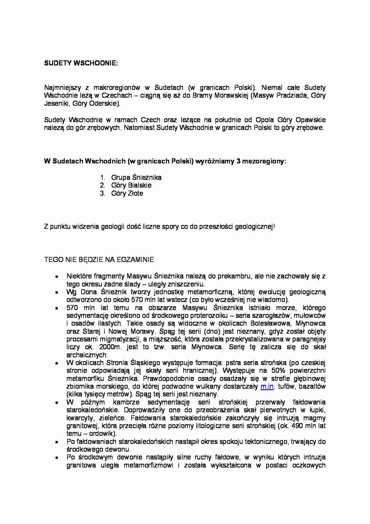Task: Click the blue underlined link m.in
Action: coord(267,386)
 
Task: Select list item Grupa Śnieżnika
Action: coord(136,177)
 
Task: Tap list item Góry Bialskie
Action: coord(131,185)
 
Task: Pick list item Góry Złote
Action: coord(127,193)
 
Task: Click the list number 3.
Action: coord(103,193)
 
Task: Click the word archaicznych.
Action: coord(87,355)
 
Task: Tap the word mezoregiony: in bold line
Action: coord(264,161)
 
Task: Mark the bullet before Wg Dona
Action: coord(56,292)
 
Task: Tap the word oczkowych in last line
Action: coord(309,465)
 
